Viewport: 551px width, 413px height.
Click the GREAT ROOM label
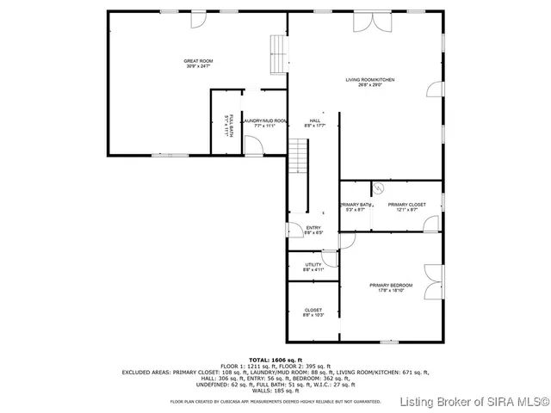197,64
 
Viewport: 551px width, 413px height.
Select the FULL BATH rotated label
227,126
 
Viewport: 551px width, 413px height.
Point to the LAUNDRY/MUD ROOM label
264,123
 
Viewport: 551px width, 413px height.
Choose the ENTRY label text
313,230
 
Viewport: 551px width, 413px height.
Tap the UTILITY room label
313,267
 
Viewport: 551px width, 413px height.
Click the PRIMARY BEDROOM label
391,287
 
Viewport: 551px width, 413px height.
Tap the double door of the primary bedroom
434,274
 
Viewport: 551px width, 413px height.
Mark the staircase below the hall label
297,157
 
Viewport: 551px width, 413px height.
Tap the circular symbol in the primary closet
376,187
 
